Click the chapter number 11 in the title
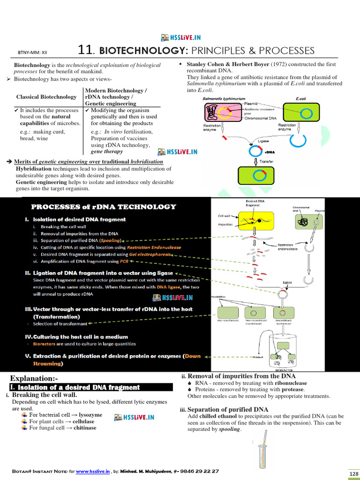coord(83,50)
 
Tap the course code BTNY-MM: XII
coord(30,53)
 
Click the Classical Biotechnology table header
coord(46,97)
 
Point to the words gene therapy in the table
coord(107,151)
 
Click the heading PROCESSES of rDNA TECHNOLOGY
coord(104,207)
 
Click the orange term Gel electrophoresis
coord(149,255)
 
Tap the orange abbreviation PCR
coord(124,262)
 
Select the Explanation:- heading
coord(34,378)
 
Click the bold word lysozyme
coord(90,415)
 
